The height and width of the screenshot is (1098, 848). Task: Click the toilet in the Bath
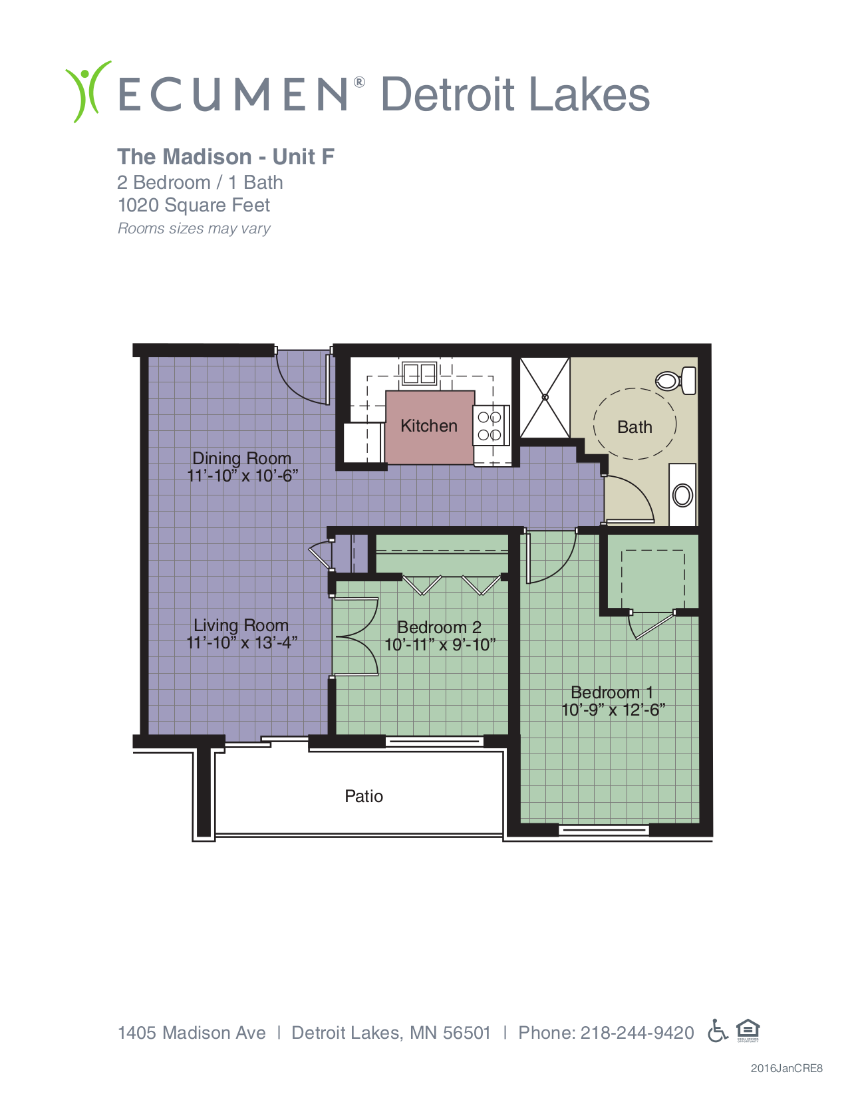click(x=676, y=380)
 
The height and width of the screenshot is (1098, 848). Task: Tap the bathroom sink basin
click(x=682, y=495)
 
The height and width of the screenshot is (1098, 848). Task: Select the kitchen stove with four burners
click(x=490, y=426)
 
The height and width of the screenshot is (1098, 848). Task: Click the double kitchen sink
click(x=418, y=374)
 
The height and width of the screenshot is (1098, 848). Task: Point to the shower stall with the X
click(x=545, y=397)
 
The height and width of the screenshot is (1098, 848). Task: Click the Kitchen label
click(x=428, y=426)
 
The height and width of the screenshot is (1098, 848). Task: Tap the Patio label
click(x=364, y=796)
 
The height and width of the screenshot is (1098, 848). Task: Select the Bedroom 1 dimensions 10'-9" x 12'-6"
click(x=613, y=710)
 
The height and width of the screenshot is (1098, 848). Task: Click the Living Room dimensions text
click(x=241, y=642)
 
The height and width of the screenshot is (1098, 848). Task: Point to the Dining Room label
click(x=241, y=458)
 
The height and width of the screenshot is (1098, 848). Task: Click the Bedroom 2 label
click(x=439, y=627)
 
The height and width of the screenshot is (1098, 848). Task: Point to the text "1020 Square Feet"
click(x=194, y=206)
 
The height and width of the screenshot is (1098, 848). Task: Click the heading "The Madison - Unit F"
click(x=225, y=157)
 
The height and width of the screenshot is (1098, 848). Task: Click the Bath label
click(x=635, y=428)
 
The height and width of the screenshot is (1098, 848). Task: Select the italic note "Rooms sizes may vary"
click(x=194, y=229)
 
